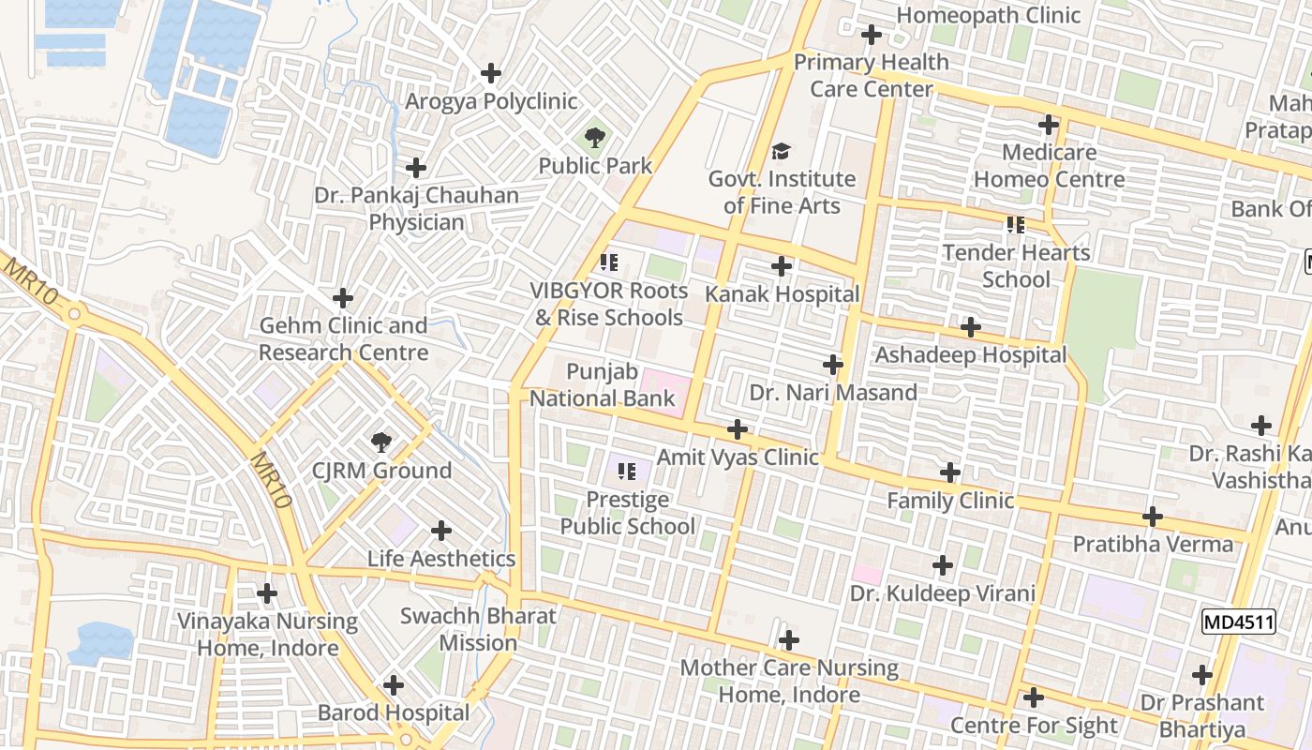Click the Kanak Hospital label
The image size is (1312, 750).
(782, 294)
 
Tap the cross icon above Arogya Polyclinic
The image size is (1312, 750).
(490, 73)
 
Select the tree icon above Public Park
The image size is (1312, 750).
(594, 139)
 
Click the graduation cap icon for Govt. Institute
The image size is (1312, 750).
(781, 151)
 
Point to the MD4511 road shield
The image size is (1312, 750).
(1238, 622)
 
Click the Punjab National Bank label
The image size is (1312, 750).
(603, 385)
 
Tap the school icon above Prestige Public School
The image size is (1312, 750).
(627, 471)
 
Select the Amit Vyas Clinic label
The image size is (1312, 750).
(738, 457)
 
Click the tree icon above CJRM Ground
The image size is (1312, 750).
(380, 442)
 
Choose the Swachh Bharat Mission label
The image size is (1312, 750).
(478, 630)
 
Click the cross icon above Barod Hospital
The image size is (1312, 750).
(394, 685)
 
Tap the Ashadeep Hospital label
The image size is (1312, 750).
(970, 355)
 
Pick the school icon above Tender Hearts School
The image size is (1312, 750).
(1016, 225)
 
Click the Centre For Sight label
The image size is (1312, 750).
(1034, 726)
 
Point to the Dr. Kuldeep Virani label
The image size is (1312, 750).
(942, 593)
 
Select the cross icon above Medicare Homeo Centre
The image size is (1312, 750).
(1049, 125)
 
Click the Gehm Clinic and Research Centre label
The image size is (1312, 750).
(343, 339)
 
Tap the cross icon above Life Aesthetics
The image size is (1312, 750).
(440, 532)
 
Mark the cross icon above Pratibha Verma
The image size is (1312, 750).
(1153, 517)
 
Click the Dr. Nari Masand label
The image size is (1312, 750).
(833, 393)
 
